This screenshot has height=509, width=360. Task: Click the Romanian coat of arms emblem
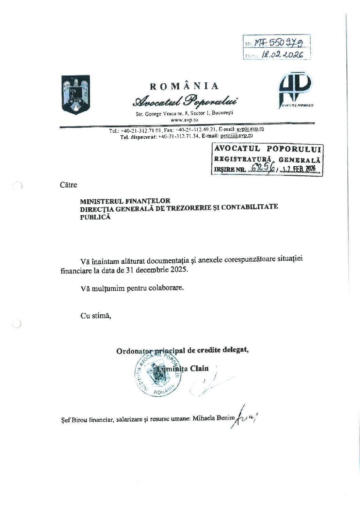pos(76,95)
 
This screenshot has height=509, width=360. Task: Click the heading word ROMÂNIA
pos(184,86)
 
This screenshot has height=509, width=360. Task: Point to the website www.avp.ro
pos(184,120)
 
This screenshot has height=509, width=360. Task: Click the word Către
pos(68,185)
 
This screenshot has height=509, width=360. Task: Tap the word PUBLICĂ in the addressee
pos(95,217)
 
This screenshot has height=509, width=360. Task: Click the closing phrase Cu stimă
pos(96,315)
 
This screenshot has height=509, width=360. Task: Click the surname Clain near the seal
pos(199,368)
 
